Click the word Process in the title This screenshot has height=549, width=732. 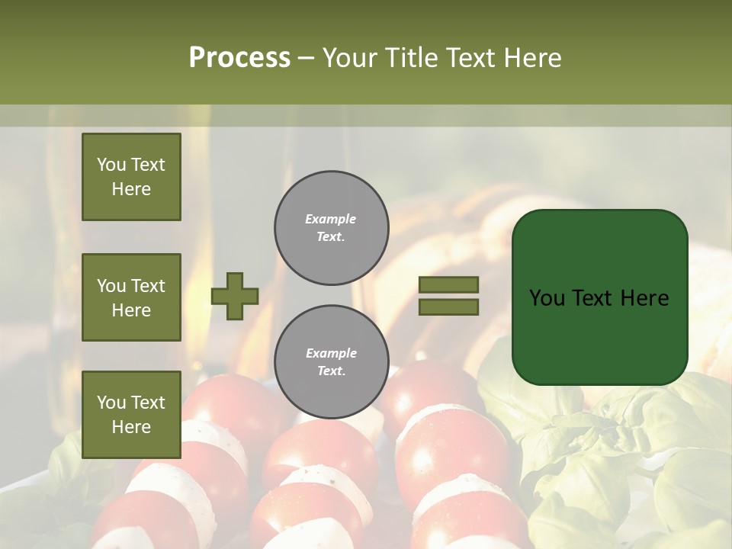tap(239, 58)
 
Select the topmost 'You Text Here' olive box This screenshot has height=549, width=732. tap(131, 177)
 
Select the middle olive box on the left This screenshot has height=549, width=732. tap(131, 297)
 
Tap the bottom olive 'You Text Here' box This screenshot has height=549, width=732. tap(131, 414)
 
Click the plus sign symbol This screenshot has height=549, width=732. tap(235, 296)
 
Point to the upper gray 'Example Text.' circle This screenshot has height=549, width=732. tap(331, 228)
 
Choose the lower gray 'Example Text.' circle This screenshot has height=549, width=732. tap(331, 362)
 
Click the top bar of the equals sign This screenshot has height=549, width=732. tap(448, 284)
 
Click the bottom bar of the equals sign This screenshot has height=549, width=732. tap(448, 307)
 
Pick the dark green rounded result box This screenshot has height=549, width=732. tap(599, 297)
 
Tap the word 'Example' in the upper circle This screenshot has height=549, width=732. tap(330, 220)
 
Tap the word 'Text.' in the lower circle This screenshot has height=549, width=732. tap(331, 371)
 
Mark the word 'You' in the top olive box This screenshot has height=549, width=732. tap(111, 165)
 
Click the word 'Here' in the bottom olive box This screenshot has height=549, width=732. tap(131, 427)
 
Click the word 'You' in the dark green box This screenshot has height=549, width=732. tap(547, 298)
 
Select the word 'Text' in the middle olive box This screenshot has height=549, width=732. tap(148, 286)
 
